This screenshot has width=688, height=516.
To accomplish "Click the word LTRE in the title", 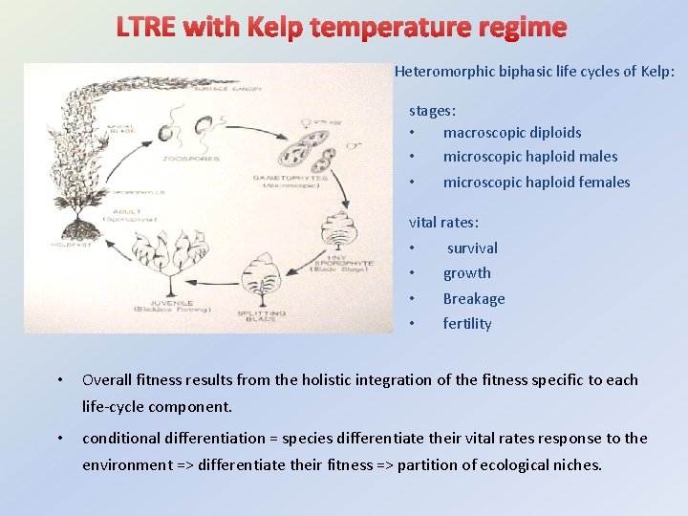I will click(x=147, y=27).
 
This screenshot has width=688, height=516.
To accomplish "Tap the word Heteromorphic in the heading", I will click(x=441, y=72).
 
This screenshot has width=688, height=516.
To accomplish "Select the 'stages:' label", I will click(x=433, y=111).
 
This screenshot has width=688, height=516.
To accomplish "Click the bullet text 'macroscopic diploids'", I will click(x=512, y=133).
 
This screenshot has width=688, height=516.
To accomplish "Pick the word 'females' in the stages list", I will click(x=602, y=183).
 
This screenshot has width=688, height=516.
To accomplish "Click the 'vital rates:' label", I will click(x=444, y=223).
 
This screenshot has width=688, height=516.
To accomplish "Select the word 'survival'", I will click(x=472, y=248).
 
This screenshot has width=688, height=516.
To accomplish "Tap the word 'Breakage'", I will click(x=474, y=299).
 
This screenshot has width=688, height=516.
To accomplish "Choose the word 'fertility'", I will click(x=467, y=324).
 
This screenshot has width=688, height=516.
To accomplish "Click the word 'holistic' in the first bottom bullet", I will click(x=332, y=380).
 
